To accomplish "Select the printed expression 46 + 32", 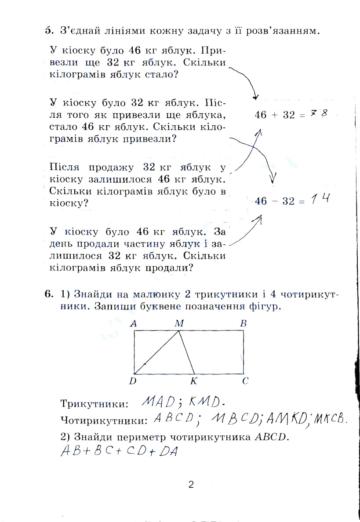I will pyautogui.click(x=275, y=115).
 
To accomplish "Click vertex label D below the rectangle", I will pyautogui.click(x=133, y=381).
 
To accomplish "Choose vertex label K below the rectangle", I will pyautogui.click(x=193, y=381).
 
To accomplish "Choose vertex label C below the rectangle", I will pyautogui.click(x=245, y=381).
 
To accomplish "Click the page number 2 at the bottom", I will pyautogui.click(x=191, y=485).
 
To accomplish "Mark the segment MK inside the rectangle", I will pyautogui.click(x=186, y=353).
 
